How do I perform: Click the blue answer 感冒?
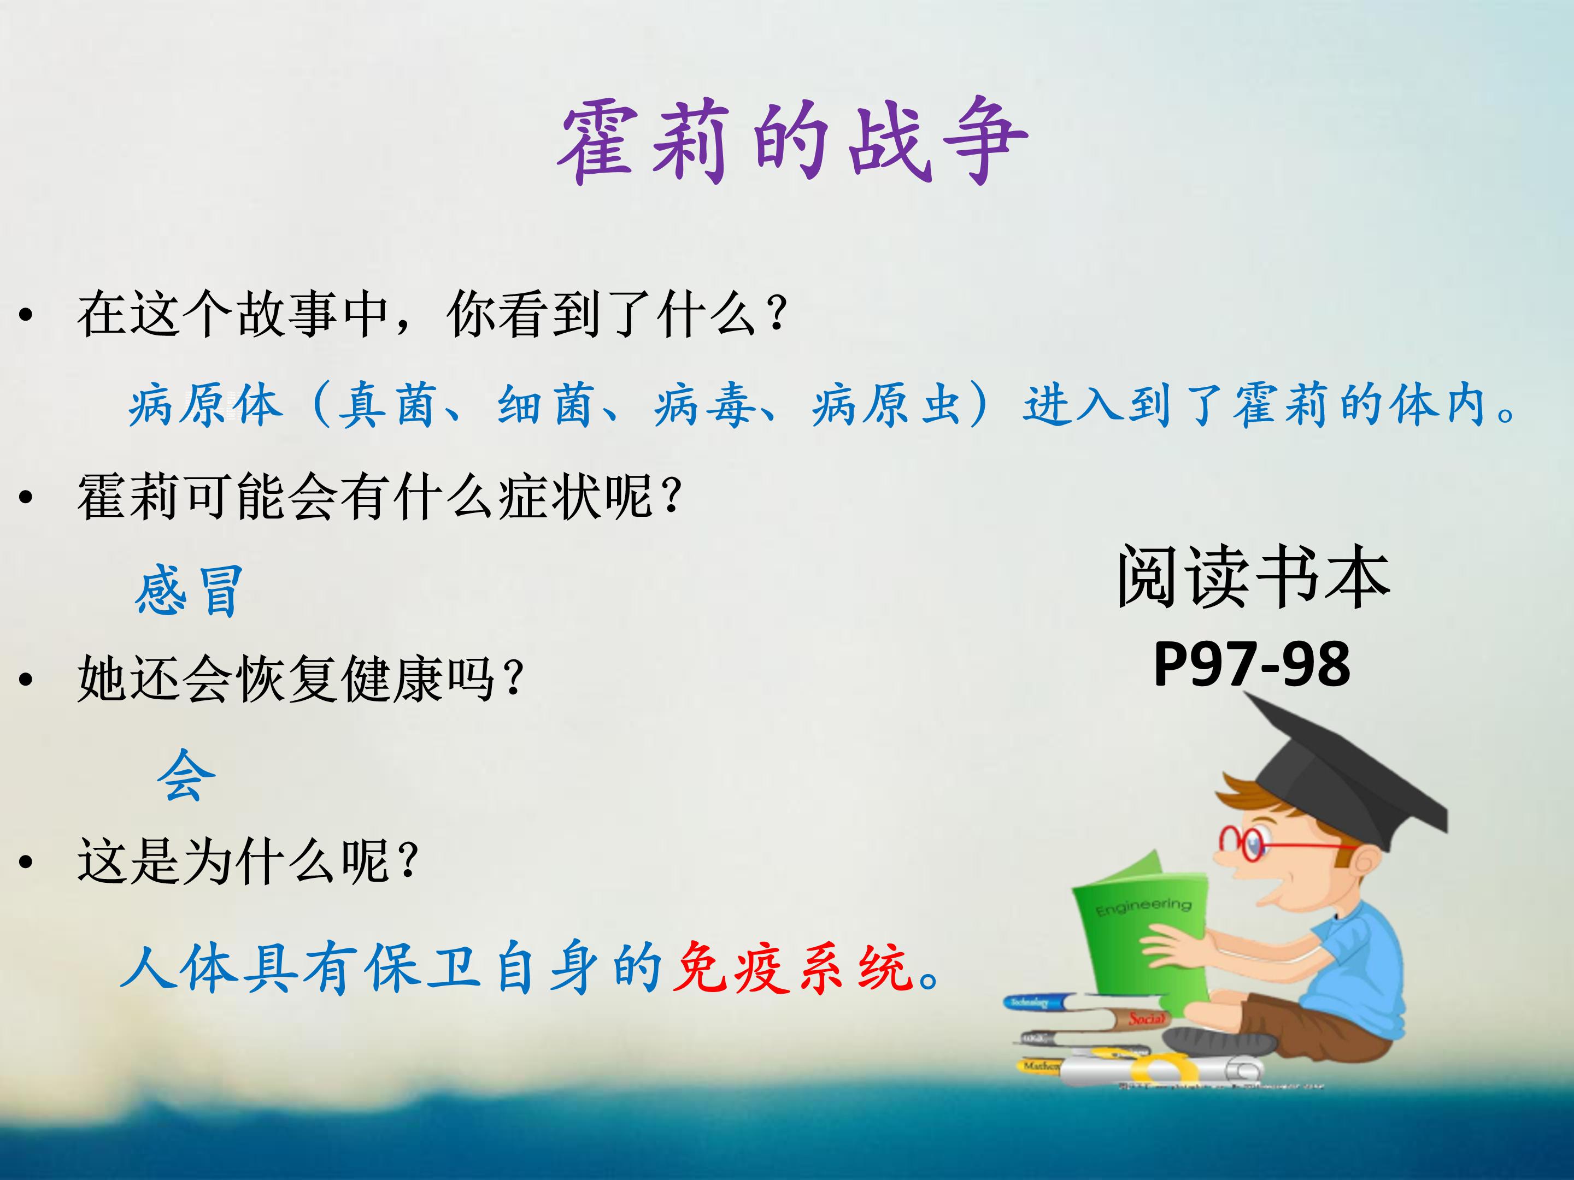(x=189, y=591)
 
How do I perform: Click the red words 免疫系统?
(x=792, y=968)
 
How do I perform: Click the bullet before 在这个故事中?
(x=26, y=315)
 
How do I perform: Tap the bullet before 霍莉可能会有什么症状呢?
(x=26, y=498)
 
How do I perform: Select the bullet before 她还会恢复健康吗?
(x=26, y=680)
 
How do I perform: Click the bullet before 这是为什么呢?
(x=26, y=862)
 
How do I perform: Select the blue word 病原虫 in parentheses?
(x=888, y=405)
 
